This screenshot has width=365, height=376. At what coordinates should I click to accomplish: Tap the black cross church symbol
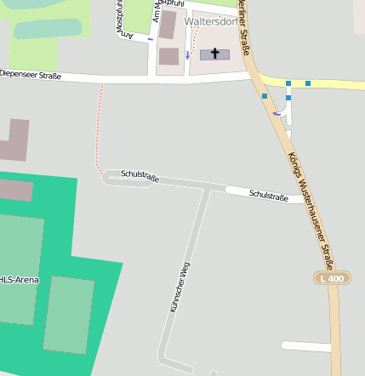pos(214,54)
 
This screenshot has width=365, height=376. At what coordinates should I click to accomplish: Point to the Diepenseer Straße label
pos(31,75)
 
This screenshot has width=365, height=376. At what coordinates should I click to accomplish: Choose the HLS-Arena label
pos(19,280)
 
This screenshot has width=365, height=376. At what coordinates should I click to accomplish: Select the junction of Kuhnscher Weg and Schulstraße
pos(209,189)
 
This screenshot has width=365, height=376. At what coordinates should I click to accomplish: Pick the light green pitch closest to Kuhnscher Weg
pos(69,314)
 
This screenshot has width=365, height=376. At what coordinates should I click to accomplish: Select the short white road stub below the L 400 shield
pos(306,346)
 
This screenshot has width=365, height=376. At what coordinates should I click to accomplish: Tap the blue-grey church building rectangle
pos(214,54)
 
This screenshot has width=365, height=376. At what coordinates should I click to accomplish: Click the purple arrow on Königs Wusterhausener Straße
pos(276,113)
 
